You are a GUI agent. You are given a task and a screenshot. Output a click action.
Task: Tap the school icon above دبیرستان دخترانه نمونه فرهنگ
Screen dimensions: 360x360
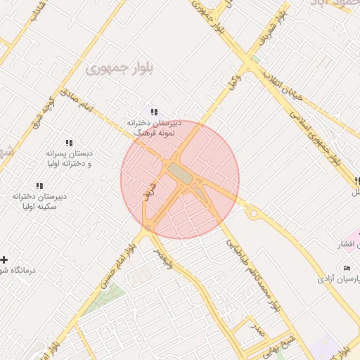pos(154,112)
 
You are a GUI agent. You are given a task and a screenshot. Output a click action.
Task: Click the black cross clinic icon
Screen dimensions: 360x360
pos(5,259)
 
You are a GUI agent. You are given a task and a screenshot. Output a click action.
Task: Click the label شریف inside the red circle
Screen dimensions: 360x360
pos(148,187)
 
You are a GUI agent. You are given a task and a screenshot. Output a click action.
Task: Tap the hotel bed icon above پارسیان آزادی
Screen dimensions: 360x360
pos(347,269)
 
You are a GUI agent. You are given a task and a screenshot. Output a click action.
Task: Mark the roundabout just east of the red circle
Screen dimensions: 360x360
pos(252,211)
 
